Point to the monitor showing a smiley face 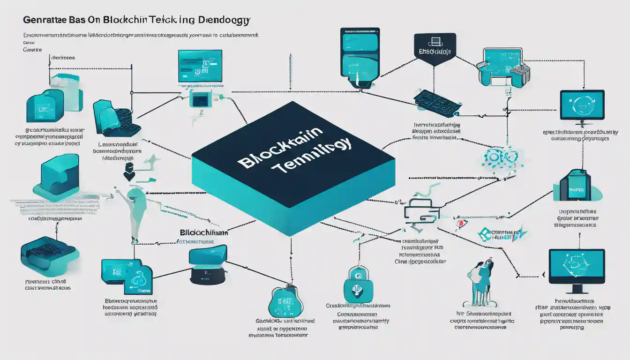[x=582, y=105]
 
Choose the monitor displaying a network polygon [x=577, y=267]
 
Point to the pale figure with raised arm [x=134, y=211]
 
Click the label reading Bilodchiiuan [x=204, y=232]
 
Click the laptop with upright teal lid [x=208, y=265]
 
